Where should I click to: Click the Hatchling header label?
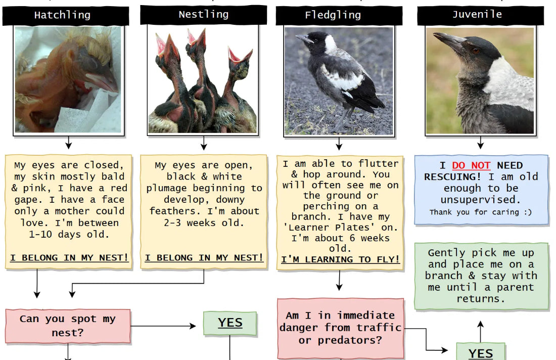tap(62, 15)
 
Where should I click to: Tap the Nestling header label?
tap(203, 15)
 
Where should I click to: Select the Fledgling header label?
tap(333, 15)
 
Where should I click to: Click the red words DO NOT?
tap(472, 165)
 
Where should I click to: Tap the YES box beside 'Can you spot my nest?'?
tap(230, 323)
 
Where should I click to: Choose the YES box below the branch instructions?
tap(480, 353)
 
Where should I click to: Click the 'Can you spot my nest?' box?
tap(68, 326)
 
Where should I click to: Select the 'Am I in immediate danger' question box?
tap(341, 328)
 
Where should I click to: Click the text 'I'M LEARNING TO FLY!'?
tap(341, 259)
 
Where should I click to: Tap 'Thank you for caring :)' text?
tap(481, 212)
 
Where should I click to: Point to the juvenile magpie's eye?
tap(476, 51)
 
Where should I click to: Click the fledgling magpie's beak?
tap(304, 38)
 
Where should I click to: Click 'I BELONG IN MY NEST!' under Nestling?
tap(204, 258)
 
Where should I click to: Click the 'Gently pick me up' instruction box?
tap(481, 276)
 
